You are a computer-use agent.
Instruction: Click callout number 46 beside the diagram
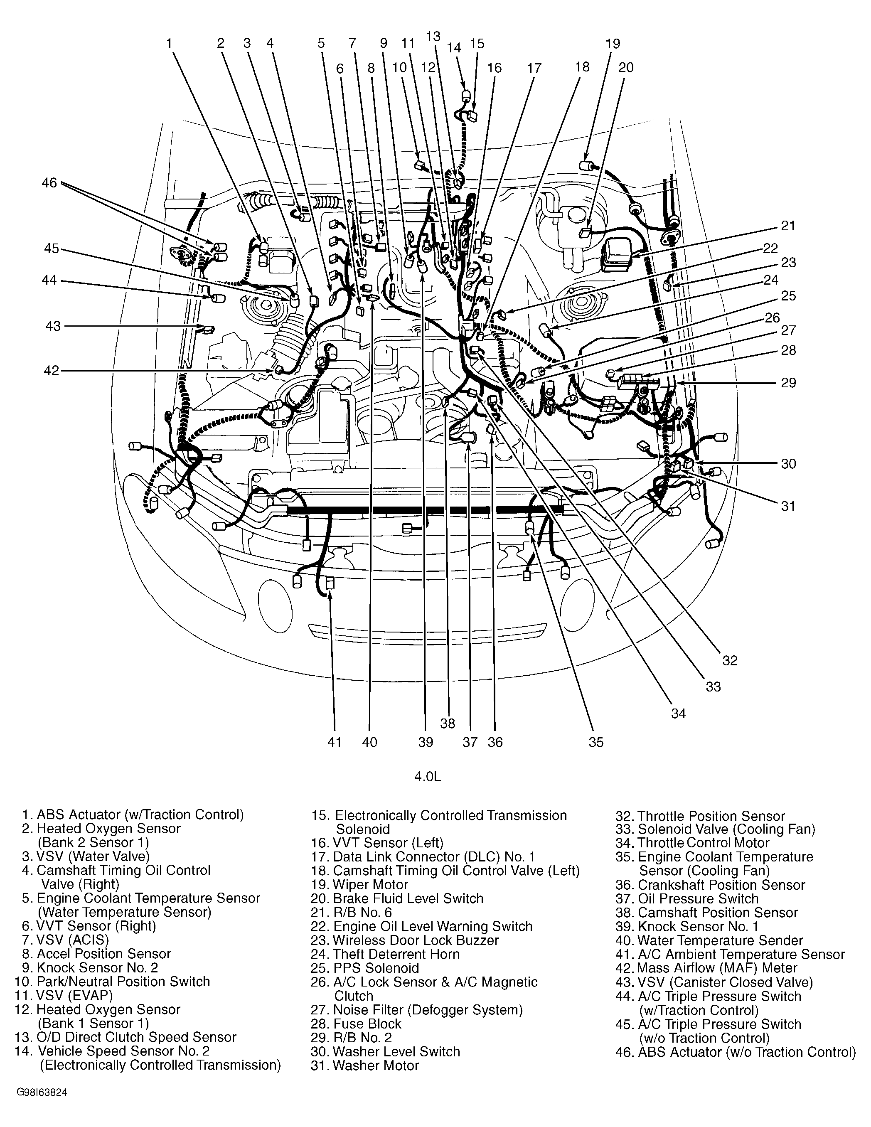[49, 183]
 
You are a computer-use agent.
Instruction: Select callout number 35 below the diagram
[596, 742]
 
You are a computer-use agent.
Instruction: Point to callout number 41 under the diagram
[335, 742]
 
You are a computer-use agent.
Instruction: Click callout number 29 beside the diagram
[788, 383]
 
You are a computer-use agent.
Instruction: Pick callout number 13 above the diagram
[433, 36]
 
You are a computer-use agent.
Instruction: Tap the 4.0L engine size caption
[428, 777]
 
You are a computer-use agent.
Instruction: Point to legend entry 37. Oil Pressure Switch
[687, 898]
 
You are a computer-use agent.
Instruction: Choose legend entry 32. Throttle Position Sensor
[700, 816]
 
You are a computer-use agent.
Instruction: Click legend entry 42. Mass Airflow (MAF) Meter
[706, 968]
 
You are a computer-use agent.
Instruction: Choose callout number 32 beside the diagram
[730, 660]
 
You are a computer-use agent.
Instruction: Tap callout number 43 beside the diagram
[53, 326]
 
